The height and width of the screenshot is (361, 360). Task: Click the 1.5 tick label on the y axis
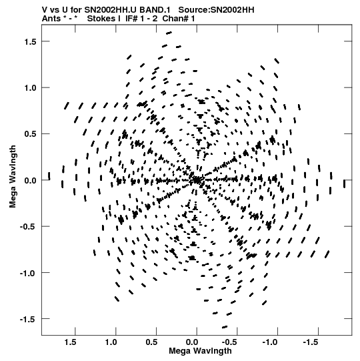pos(30,41)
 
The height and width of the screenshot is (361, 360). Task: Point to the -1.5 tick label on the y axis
pos(28,320)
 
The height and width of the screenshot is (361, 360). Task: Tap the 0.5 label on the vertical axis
pos(30,134)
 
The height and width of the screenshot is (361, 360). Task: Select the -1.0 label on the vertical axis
pos(28,274)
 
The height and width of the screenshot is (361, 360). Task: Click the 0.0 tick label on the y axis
pos(30,180)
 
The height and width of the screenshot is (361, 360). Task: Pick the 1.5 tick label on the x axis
pos(71,342)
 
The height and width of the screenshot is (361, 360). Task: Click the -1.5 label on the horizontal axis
pos(311,342)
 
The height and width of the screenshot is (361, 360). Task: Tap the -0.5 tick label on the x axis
pos(229,342)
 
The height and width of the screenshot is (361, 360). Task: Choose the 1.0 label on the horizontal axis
pos(111,342)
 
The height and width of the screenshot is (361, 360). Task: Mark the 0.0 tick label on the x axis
pos(192,342)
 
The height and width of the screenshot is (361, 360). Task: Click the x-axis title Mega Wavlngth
pos(200,351)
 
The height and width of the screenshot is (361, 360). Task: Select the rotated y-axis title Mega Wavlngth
pos(13,177)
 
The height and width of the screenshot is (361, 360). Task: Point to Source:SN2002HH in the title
pos(216,10)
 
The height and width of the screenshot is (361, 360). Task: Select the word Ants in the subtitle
pos(51,19)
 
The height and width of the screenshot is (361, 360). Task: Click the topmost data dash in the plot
pos(169,33)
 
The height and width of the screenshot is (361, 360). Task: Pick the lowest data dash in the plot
pos(225,327)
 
